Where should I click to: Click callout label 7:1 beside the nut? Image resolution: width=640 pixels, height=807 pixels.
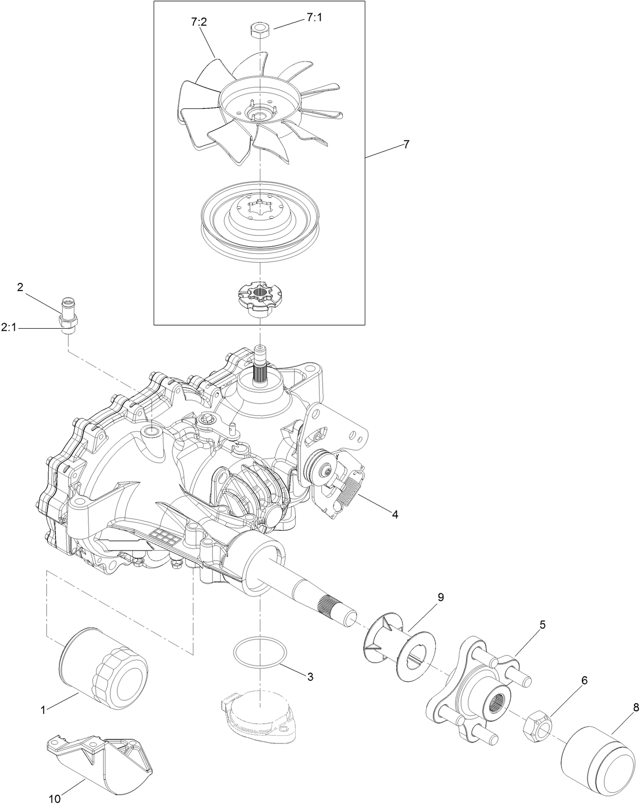coord(314,18)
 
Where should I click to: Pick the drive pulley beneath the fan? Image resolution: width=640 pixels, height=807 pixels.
coord(260,214)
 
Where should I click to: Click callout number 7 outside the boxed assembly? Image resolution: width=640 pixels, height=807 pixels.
coord(406,145)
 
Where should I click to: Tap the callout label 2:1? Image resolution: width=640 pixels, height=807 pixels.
coord(9,329)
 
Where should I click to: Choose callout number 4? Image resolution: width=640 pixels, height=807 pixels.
coord(394,514)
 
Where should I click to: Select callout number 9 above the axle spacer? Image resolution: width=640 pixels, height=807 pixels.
coord(441,597)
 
